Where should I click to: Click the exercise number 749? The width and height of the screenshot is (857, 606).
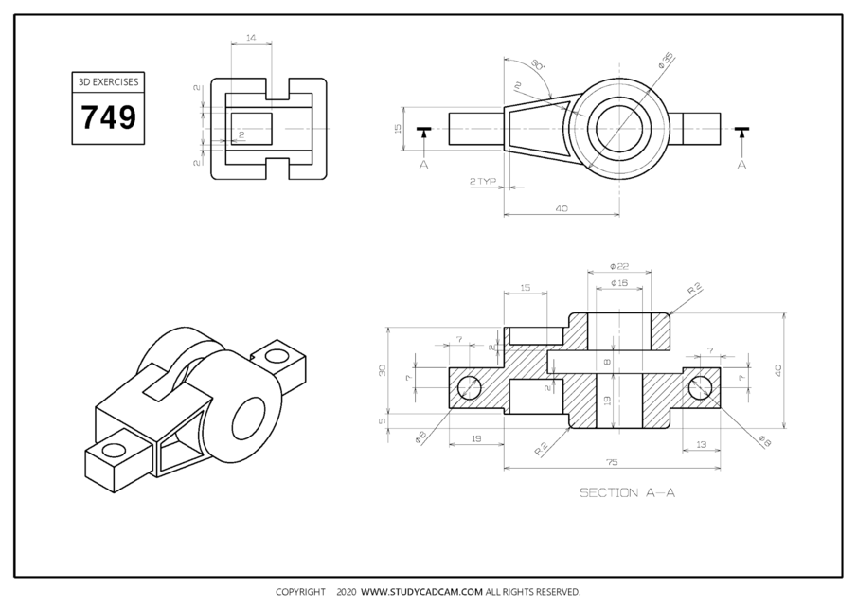pyautogui.click(x=108, y=117)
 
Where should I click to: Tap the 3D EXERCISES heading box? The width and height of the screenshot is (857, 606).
pyautogui.click(x=108, y=81)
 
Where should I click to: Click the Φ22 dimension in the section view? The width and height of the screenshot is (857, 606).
pyautogui.click(x=619, y=267)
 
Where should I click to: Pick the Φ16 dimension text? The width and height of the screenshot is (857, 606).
pyautogui.click(x=619, y=282)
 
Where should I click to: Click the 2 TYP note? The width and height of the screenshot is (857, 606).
pyautogui.click(x=482, y=179)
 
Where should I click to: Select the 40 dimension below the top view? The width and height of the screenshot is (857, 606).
pyautogui.click(x=561, y=208)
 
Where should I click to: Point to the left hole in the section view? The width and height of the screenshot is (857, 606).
pyautogui.click(x=469, y=387)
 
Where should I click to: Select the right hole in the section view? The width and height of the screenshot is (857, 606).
pyautogui.click(x=701, y=387)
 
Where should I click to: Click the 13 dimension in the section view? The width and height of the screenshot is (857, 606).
pyautogui.click(x=702, y=443)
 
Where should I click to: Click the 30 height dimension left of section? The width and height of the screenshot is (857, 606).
pyautogui.click(x=384, y=370)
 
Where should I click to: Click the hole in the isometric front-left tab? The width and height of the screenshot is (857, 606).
pyautogui.click(x=116, y=448)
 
